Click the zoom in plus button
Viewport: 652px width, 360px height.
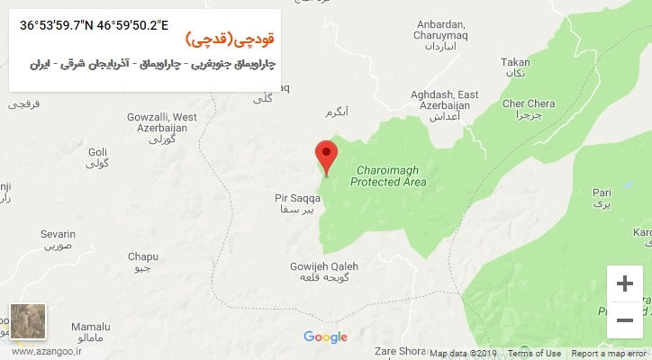(624, 283)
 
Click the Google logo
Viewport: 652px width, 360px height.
(325, 337)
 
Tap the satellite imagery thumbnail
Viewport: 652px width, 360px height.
(27, 321)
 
